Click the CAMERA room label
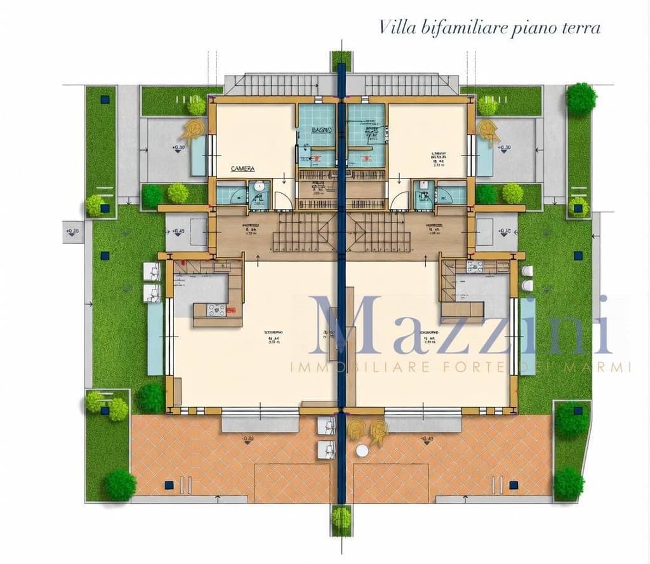tap(242, 169)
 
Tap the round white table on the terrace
tap(362, 450)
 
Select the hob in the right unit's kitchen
tap(474, 267)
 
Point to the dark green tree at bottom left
tap(120, 485)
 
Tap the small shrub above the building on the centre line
tap(342, 60)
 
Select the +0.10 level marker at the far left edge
tap(72, 231)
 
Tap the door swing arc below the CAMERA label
tap(284, 198)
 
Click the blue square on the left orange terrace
tap(168, 485)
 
